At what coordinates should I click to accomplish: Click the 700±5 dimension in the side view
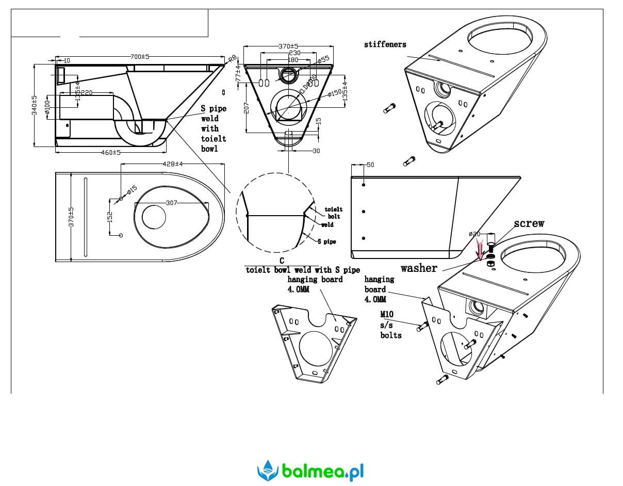139,57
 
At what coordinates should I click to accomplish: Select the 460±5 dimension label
110,152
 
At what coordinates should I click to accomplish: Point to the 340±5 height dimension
35,105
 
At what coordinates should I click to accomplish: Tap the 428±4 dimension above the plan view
173,164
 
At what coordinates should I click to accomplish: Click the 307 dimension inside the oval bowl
172,203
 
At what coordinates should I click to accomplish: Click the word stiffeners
385,45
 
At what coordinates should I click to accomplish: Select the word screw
529,223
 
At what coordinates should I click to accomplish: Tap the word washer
419,268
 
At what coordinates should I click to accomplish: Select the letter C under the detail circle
282,261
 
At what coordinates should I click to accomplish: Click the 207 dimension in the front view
247,107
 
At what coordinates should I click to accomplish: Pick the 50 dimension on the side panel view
370,165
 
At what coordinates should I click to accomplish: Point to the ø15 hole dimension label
132,190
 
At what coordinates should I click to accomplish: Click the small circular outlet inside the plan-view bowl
154,217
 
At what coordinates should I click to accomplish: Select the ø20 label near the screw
474,234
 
